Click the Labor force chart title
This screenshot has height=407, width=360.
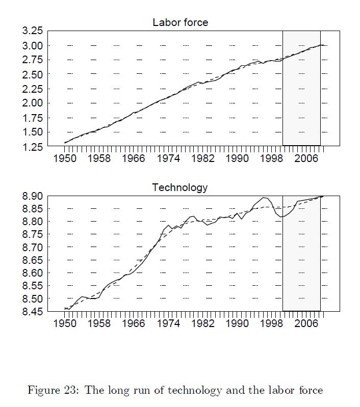[x=180, y=22]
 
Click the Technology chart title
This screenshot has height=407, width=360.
[x=180, y=187]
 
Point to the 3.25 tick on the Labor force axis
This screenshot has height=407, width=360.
[x=32, y=31]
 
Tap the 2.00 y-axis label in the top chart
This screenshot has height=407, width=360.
[x=32, y=103]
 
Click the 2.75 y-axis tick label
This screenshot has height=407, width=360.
[x=32, y=60]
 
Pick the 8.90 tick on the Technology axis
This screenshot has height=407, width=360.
[x=32, y=197]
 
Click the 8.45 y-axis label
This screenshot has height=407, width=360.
[x=32, y=312]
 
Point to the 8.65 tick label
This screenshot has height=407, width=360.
[x=32, y=260]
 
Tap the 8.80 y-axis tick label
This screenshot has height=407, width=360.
[x=32, y=222]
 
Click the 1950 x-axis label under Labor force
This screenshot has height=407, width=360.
[x=65, y=158]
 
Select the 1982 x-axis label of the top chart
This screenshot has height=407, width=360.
[x=202, y=158]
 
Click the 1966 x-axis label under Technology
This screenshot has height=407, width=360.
[x=134, y=324]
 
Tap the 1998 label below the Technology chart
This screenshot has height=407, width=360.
[x=272, y=324]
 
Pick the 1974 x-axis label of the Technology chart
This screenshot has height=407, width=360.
[x=168, y=324]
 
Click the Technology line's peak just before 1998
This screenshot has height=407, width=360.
[x=264, y=198]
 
